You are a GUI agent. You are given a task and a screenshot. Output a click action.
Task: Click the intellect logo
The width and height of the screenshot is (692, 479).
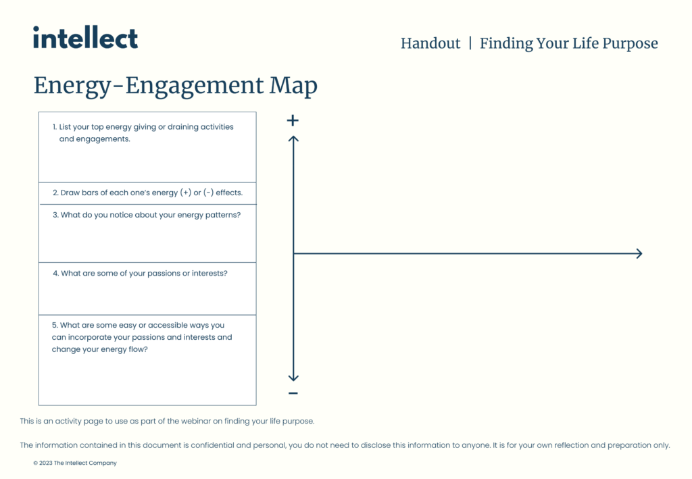(x=85, y=37)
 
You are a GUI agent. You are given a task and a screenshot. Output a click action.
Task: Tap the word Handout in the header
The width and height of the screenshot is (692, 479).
(x=430, y=43)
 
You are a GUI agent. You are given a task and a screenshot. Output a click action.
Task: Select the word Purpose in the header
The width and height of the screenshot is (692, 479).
(x=630, y=44)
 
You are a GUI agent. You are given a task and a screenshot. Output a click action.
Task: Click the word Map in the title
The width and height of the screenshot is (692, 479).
(x=293, y=86)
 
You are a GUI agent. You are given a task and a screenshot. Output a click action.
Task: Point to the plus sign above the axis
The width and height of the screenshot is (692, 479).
(x=293, y=120)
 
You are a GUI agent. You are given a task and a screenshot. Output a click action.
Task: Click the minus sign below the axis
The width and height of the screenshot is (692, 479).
(x=293, y=393)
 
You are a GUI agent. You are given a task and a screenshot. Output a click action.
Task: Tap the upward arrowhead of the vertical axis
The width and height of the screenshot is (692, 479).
(x=293, y=139)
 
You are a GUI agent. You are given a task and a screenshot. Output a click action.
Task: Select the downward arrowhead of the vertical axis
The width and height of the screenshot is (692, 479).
(x=293, y=378)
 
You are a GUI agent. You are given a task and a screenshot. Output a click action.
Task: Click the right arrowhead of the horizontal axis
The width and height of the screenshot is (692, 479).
(x=639, y=253)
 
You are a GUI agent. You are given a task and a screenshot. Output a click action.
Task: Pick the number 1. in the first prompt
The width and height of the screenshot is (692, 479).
(x=55, y=127)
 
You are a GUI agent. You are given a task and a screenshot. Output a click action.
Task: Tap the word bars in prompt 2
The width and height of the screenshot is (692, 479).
(x=90, y=193)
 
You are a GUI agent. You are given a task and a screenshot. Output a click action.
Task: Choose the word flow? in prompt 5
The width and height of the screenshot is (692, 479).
(x=138, y=349)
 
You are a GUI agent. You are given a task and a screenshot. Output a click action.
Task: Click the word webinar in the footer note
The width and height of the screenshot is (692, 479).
(x=196, y=421)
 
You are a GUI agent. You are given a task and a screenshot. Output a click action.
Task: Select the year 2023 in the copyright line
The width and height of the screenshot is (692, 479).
(x=46, y=463)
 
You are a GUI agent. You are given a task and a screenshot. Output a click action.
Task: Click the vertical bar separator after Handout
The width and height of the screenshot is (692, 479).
(x=470, y=43)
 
